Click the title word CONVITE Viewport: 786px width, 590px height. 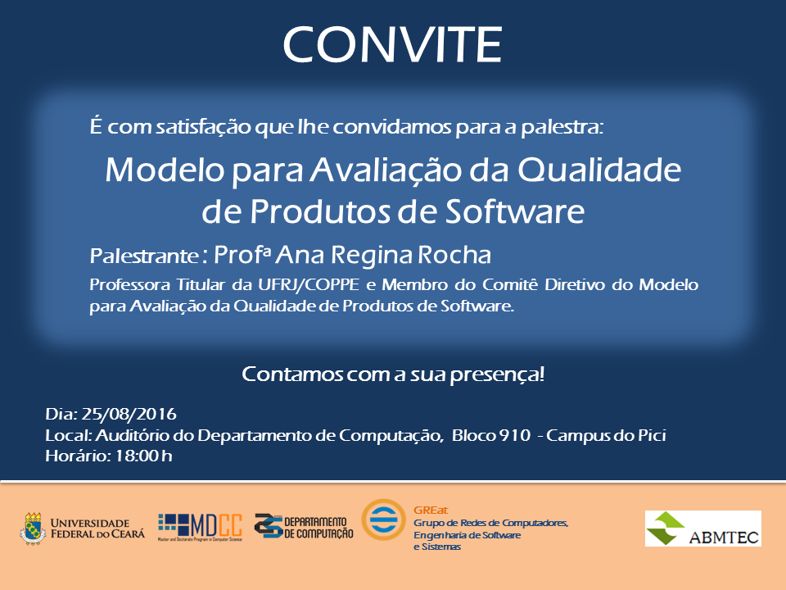pos(392,44)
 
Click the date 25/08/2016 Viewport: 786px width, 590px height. pos(129,415)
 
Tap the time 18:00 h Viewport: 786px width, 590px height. pos(144,456)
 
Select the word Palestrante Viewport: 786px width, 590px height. pos(144,256)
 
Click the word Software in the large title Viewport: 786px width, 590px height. pos(515,211)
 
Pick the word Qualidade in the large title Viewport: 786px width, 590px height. pos(599,170)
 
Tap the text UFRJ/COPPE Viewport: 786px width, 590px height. pos(309,285)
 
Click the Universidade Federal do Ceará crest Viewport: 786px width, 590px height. pos(33,529)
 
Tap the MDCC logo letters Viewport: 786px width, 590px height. pos(216,525)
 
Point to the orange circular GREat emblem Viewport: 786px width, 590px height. pos(383,520)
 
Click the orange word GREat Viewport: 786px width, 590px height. pos(431,511)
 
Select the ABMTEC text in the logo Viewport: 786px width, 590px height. pos(723,538)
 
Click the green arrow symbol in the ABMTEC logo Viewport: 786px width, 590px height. pos(665,529)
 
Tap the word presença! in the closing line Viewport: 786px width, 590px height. pos(497,374)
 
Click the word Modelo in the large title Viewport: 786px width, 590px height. pos(165,170)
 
